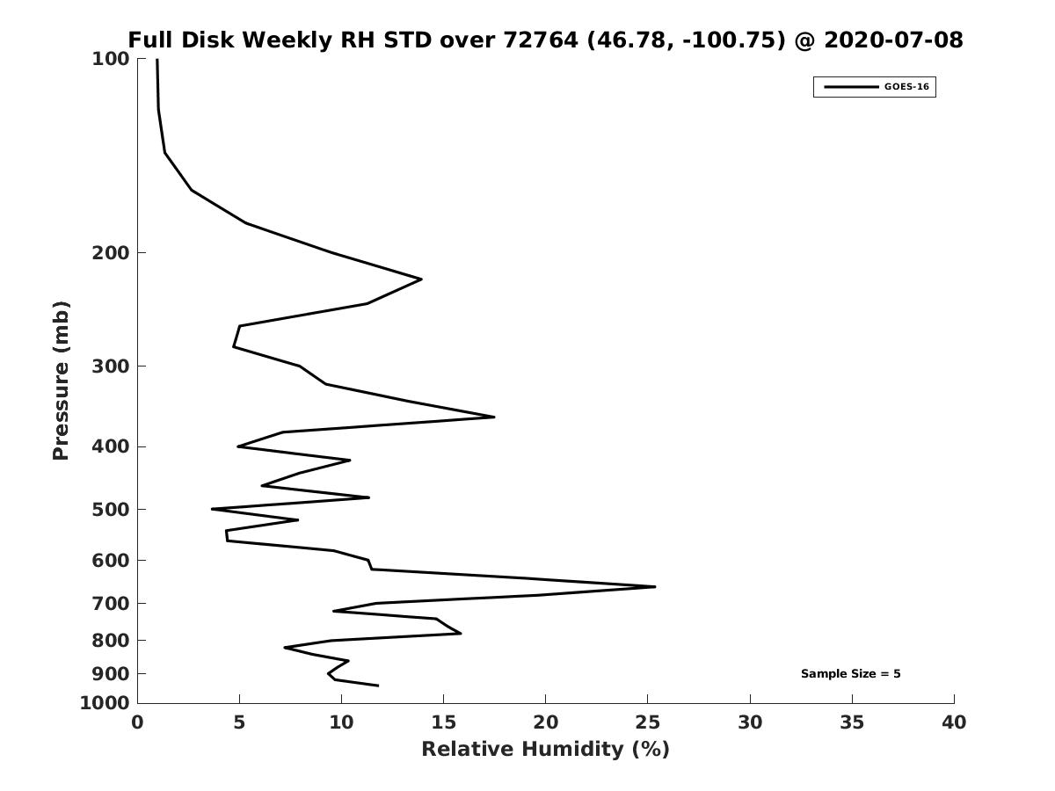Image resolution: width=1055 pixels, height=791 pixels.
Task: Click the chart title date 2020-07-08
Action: click(893, 40)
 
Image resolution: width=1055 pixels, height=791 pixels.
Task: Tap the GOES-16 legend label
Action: click(906, 87)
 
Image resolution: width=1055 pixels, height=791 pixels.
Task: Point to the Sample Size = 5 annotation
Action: click(850, 674)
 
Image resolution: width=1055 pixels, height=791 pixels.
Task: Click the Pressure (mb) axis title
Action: click(61, 381)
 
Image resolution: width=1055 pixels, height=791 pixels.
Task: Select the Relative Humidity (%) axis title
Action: click(546, 749)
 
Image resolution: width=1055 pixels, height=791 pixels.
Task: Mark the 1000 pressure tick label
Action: click(105, 703)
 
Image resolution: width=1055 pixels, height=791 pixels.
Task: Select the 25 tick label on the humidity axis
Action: click(647, 722)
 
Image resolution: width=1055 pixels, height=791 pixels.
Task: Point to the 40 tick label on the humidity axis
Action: click(954, 722)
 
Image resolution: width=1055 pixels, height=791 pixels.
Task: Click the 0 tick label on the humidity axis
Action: click(137, 722)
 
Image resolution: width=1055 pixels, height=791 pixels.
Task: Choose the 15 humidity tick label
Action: click(443, 722)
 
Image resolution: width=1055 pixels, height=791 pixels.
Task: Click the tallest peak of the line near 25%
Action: click(655, 586)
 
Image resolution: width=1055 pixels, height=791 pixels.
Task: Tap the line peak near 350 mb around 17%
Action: click(494, 417)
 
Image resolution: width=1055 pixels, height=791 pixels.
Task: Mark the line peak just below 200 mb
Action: click(421, 279)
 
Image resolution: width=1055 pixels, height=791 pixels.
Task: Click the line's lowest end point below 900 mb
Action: click(378, 686)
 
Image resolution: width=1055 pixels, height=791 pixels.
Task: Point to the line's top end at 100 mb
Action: click(157, 60)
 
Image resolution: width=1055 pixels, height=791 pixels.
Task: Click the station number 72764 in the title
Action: click(541, 40)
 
